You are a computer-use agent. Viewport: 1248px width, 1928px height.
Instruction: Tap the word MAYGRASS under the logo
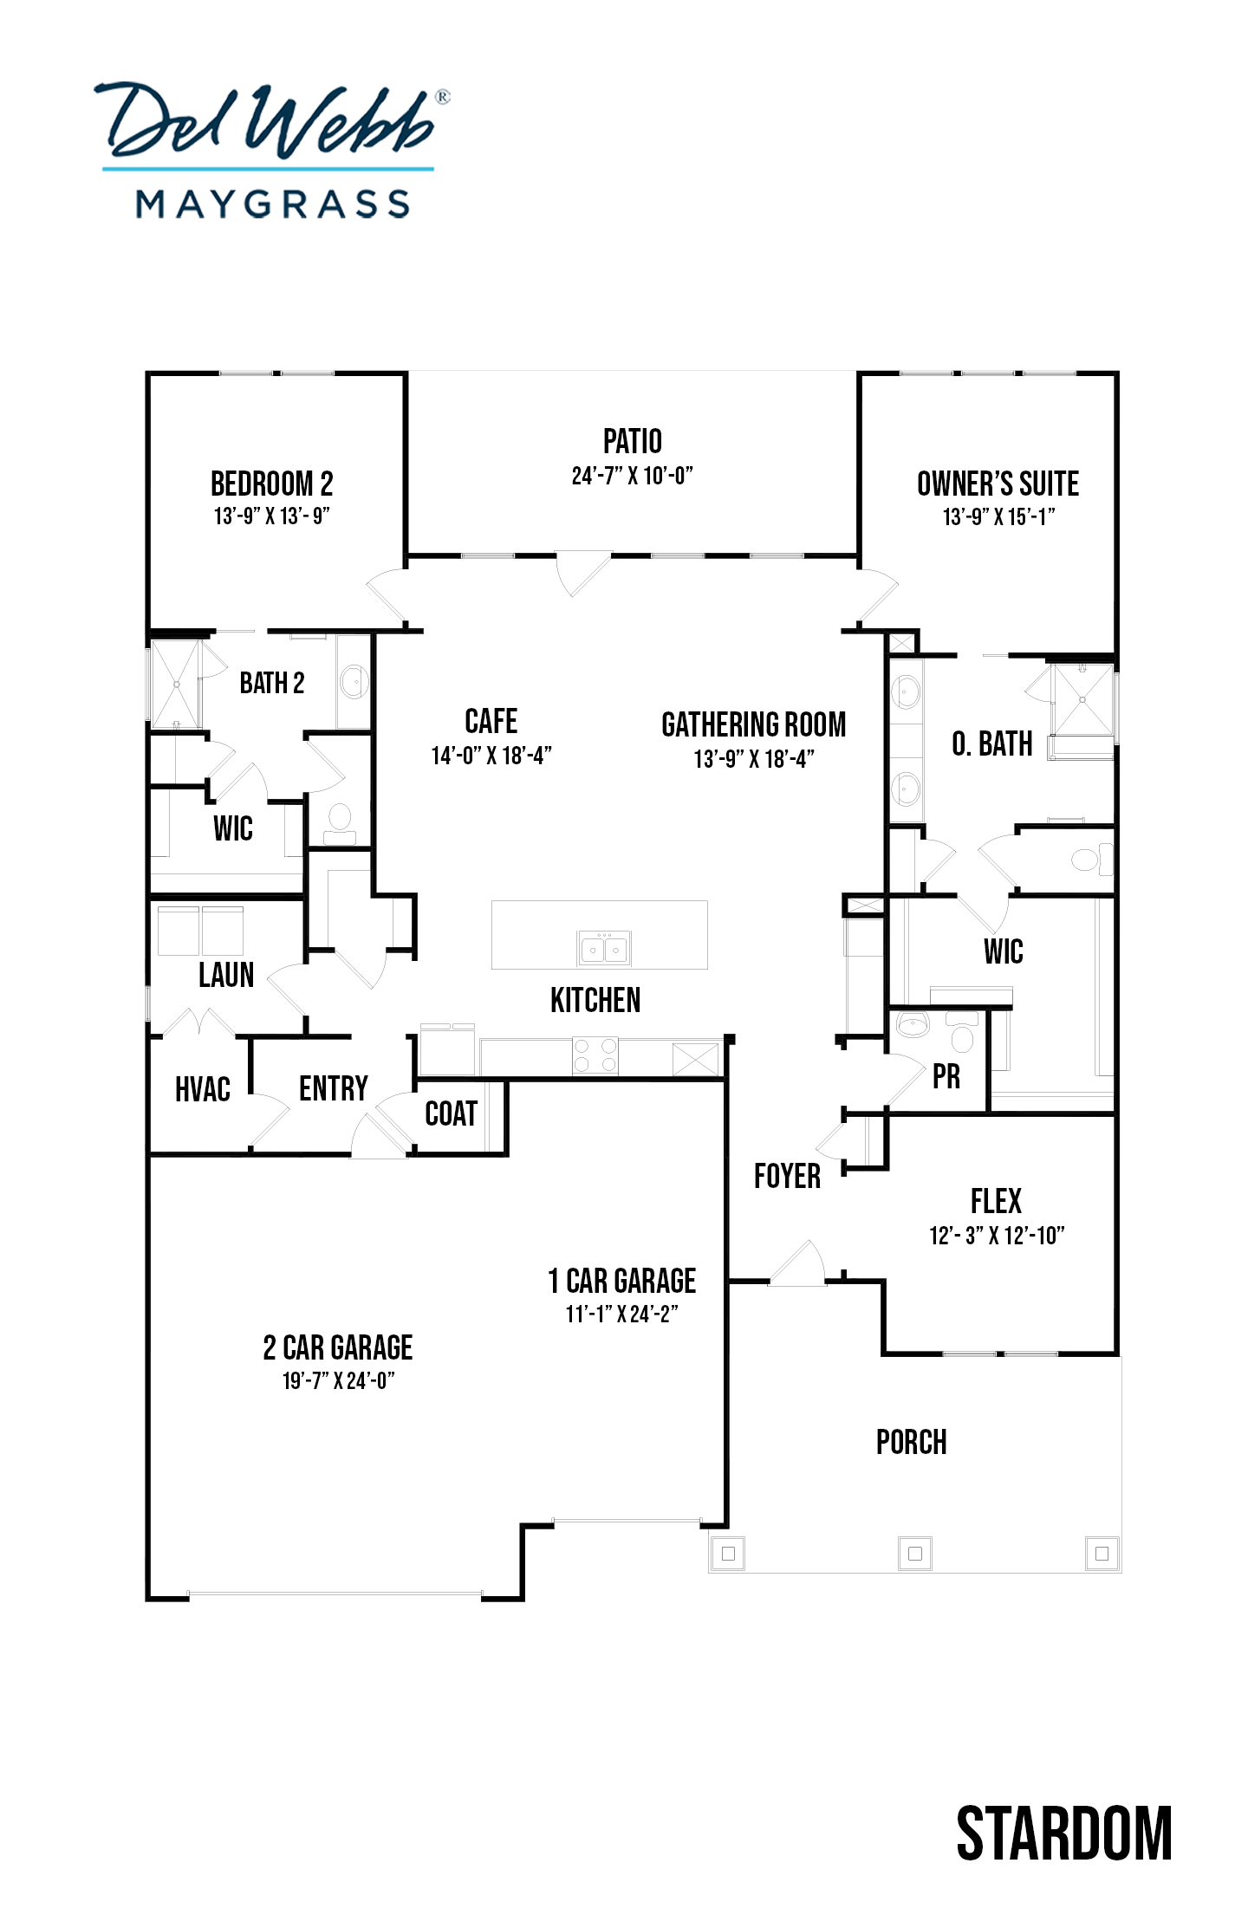(272, 204)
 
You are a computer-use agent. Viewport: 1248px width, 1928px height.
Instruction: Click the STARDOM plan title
(1063, 1834)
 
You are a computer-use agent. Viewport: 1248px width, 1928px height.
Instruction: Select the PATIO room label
(632, 442)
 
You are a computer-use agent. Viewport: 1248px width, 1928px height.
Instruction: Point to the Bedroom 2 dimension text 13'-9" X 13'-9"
(271, 516)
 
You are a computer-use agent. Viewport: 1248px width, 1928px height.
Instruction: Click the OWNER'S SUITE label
(998, 484)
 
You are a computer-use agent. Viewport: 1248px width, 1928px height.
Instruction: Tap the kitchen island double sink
(604, 948)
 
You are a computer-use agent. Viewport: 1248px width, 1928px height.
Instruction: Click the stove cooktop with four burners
(595, 1055)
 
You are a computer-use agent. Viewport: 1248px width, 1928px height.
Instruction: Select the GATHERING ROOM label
(753, 724)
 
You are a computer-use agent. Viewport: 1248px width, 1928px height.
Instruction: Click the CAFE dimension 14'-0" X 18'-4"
(491, 756)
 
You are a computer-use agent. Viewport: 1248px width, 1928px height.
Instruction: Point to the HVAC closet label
(203, 1089)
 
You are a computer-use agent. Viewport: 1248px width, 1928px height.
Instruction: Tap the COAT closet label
(451, 1113)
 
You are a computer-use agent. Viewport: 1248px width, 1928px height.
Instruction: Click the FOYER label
(787, 1176)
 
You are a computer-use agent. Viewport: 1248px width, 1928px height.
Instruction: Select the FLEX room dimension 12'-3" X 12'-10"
(997, 1236)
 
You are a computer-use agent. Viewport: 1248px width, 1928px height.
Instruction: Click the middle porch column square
(914, 1554)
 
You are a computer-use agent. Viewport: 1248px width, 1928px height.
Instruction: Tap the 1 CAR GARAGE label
(622, 1281)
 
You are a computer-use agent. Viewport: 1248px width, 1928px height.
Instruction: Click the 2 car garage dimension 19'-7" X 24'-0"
(338, 1380)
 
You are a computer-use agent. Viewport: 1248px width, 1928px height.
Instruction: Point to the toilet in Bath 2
(339, 821)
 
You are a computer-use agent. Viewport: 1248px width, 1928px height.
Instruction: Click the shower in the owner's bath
(1082, 698)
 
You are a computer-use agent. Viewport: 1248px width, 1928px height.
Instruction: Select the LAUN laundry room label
(226, 975)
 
